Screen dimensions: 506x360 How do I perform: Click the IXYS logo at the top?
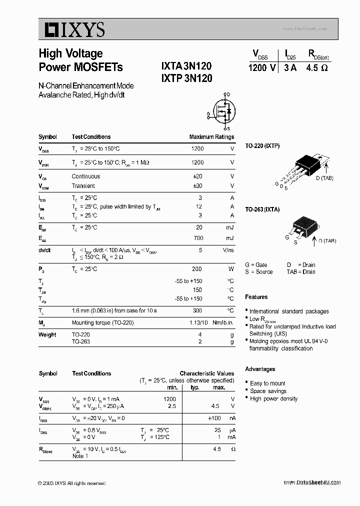tap(72, 30)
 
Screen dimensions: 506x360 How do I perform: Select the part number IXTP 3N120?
tap(186, 78)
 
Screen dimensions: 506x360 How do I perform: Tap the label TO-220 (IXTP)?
tap(262, 146)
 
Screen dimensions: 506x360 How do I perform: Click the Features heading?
tap(256, 297)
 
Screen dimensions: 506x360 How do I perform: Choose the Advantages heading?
tap(260, 369)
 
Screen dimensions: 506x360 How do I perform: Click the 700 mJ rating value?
tap(198, 238)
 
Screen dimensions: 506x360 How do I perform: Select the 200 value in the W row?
tap(197, 269)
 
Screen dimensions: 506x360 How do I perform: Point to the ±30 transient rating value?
tap(197, 186)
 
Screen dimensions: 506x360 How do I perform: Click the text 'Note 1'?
tap(80, 456)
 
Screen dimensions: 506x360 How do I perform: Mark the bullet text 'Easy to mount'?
tap(267, 383)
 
